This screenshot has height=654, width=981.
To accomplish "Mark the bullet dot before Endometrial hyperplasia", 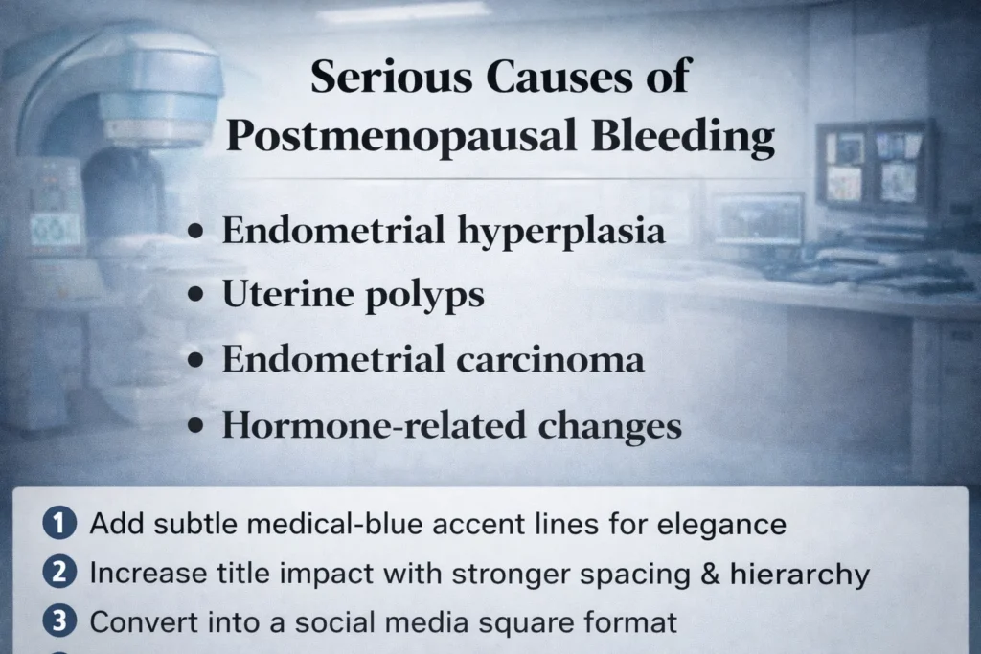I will click(x=197, y=234).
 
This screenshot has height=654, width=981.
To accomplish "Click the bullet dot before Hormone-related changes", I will click(x=197, y=426).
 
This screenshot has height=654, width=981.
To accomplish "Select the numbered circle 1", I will click(x=57, y=524).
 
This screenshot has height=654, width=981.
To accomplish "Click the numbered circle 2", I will click(x=57, y=573).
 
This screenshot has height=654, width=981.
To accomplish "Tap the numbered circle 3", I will click(x=57, y=621).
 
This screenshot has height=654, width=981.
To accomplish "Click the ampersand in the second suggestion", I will click(x=711, y=574).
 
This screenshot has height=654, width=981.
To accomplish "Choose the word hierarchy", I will click(x=800, y=575).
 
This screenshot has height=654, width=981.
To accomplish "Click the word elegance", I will click(x=725, y=526).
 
